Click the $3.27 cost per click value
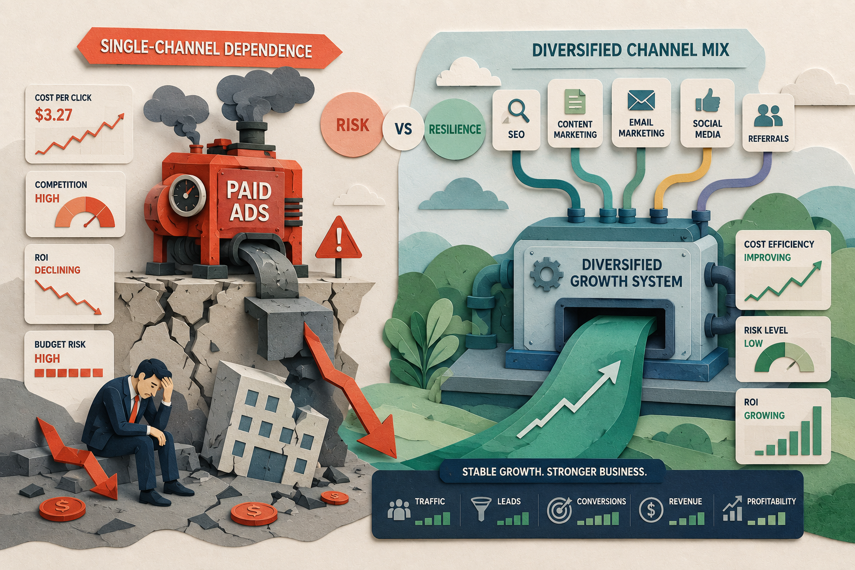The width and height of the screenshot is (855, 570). [53, 115]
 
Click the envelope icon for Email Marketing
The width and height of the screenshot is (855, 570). [641, 100]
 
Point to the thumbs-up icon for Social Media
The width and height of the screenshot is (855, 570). [707, 100]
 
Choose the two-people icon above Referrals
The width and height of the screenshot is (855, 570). [768, 115]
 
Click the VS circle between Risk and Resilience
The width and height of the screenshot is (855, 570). [403, 129]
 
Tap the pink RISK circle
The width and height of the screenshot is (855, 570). [352, 125]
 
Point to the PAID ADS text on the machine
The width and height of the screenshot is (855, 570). [249, 201]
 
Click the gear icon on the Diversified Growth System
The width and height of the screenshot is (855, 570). [547, 273]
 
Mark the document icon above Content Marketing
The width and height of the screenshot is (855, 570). [575, 101]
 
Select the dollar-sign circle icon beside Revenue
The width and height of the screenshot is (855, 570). [651, 509]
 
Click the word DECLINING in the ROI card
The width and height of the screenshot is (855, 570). [58, 271]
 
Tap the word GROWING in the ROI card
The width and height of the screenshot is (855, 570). [764, 415]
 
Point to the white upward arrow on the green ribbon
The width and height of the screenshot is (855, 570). [569, 399]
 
